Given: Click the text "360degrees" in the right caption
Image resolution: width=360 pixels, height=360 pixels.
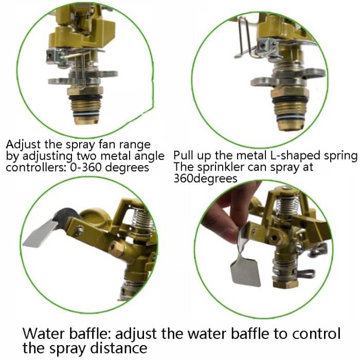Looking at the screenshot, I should pos(206,178).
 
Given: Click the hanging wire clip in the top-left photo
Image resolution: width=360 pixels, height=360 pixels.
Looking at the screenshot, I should pos(80,72).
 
